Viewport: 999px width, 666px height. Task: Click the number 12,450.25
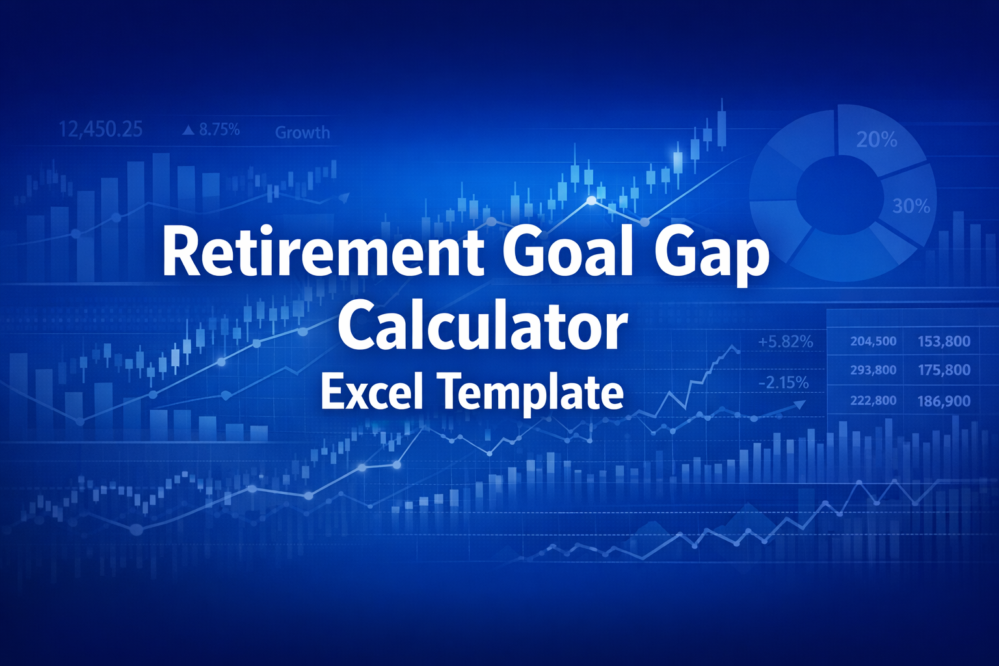[101, 129]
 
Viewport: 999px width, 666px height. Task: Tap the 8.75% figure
[219, 130]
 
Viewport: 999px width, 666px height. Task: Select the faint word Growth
[302, 133]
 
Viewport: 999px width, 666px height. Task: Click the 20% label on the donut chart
[877, 140]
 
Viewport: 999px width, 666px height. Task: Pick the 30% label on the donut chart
[911, 207]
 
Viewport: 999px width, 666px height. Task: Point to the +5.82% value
[785, 341]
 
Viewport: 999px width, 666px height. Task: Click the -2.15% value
[783, 382]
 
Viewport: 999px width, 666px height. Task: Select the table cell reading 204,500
[873, 341]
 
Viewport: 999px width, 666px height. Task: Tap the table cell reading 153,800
[944, 341]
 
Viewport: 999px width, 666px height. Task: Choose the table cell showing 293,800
[873, 370]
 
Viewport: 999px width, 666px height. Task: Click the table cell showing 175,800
[944, 370]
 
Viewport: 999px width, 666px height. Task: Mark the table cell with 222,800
[873, 401]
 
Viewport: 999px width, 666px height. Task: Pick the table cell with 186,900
[944, 401]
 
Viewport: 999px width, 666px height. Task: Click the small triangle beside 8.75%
[189, 131]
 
